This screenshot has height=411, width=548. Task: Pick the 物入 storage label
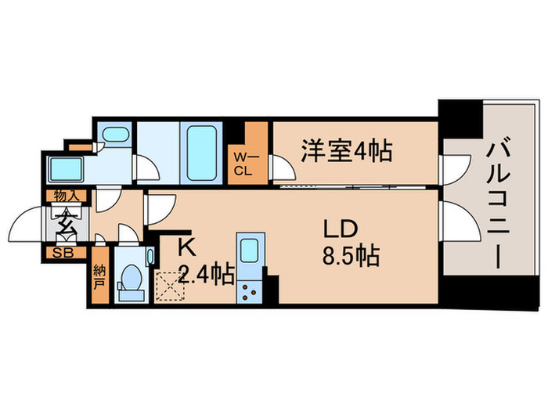[65, 195]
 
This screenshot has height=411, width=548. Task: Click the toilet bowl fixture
[130, 280]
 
